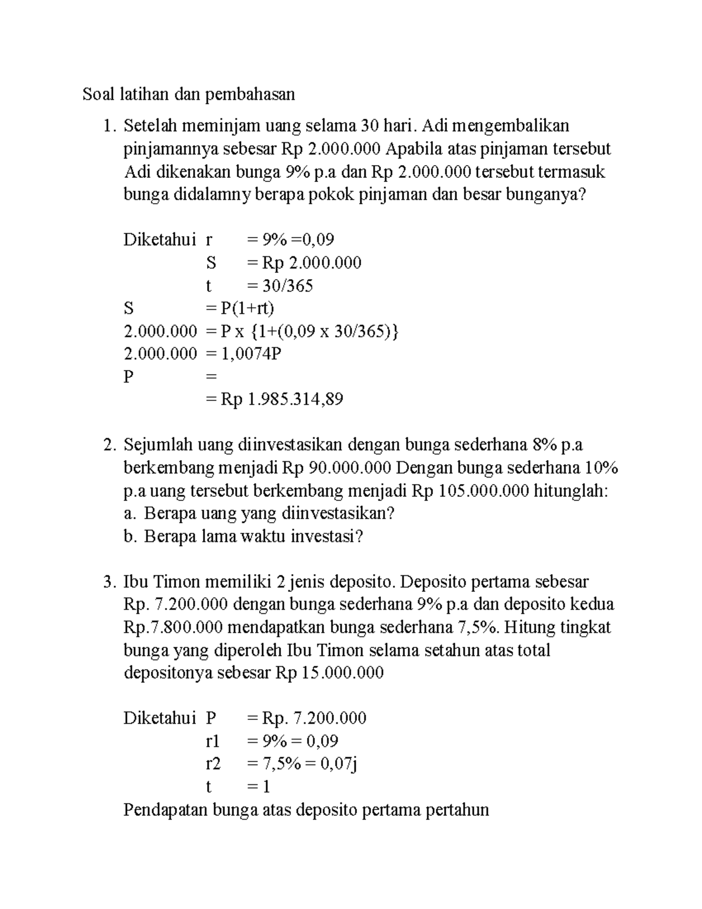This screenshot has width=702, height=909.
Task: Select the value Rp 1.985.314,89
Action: [282, 400]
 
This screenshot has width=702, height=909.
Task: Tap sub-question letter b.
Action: [129, 537]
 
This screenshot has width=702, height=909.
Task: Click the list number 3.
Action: [107, 582]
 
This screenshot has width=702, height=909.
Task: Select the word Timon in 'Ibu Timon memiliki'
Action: [174, 582]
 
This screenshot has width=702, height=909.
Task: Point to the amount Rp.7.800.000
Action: [173, 628]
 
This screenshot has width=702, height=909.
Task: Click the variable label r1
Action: [212, 742]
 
